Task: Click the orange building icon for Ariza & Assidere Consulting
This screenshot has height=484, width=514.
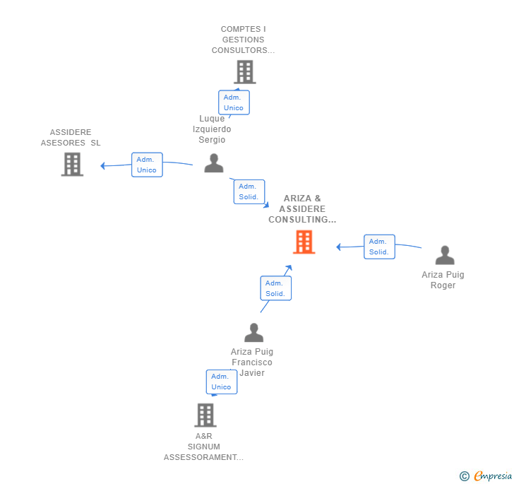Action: (x=304, y=242)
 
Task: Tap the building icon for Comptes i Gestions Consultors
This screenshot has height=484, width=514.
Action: (x=244, y=72)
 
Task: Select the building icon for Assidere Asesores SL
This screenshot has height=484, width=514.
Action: (x=72, y=164)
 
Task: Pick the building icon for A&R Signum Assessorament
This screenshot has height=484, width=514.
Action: (x=205, y=415)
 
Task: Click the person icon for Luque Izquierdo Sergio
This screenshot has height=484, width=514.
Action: (x=213, y=163)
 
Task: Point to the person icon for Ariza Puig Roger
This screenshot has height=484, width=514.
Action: (x=444, y=255)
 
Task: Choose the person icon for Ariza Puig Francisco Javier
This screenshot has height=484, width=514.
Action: (x=253, y=333)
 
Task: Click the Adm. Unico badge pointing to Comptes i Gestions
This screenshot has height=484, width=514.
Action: (x=234, y=102)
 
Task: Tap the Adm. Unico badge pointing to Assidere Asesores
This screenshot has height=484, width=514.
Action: (x=147, y=165)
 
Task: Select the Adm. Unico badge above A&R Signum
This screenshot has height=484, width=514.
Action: (x=221, y=382)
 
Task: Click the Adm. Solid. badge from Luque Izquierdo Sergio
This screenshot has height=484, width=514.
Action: (x=249, y=191)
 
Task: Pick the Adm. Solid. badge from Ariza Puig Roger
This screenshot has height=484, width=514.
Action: (x=379, y=247)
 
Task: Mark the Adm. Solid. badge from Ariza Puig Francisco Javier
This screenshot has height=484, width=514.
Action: (x=275, y=288)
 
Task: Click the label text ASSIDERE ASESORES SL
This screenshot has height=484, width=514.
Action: (x=71, y=137)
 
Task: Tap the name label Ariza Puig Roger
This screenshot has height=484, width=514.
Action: (x=443, y=280)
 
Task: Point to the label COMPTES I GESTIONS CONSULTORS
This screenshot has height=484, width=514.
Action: (x=244, y=40)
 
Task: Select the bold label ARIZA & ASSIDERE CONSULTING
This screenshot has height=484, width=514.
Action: (x=302, y=209)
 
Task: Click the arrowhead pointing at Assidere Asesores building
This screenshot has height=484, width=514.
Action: (x=103, y=166)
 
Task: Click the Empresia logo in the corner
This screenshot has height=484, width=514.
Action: (x=492, y=476)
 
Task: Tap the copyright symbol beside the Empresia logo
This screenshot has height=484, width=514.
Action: (x=464, y=477)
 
